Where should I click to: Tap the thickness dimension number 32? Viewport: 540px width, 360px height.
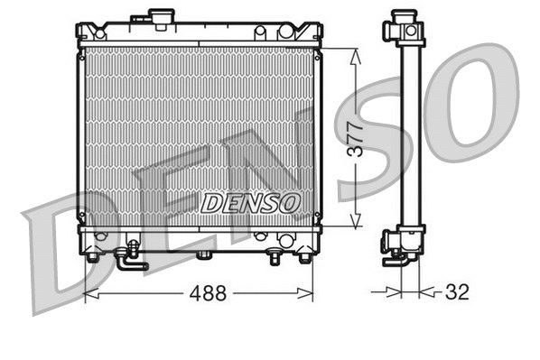pos(457,293)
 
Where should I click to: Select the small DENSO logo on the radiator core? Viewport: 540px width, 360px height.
pos(250,203)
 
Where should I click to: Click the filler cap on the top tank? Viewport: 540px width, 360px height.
pos(163,18)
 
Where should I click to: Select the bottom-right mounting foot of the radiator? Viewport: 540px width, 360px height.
pos(304,256)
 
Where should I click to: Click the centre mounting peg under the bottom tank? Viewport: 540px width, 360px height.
pos(204,254)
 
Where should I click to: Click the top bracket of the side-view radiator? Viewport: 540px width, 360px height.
pos(404,29)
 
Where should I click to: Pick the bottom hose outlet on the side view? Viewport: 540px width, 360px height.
pos(398,260)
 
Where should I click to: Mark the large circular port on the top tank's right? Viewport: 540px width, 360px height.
pos(286,32)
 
